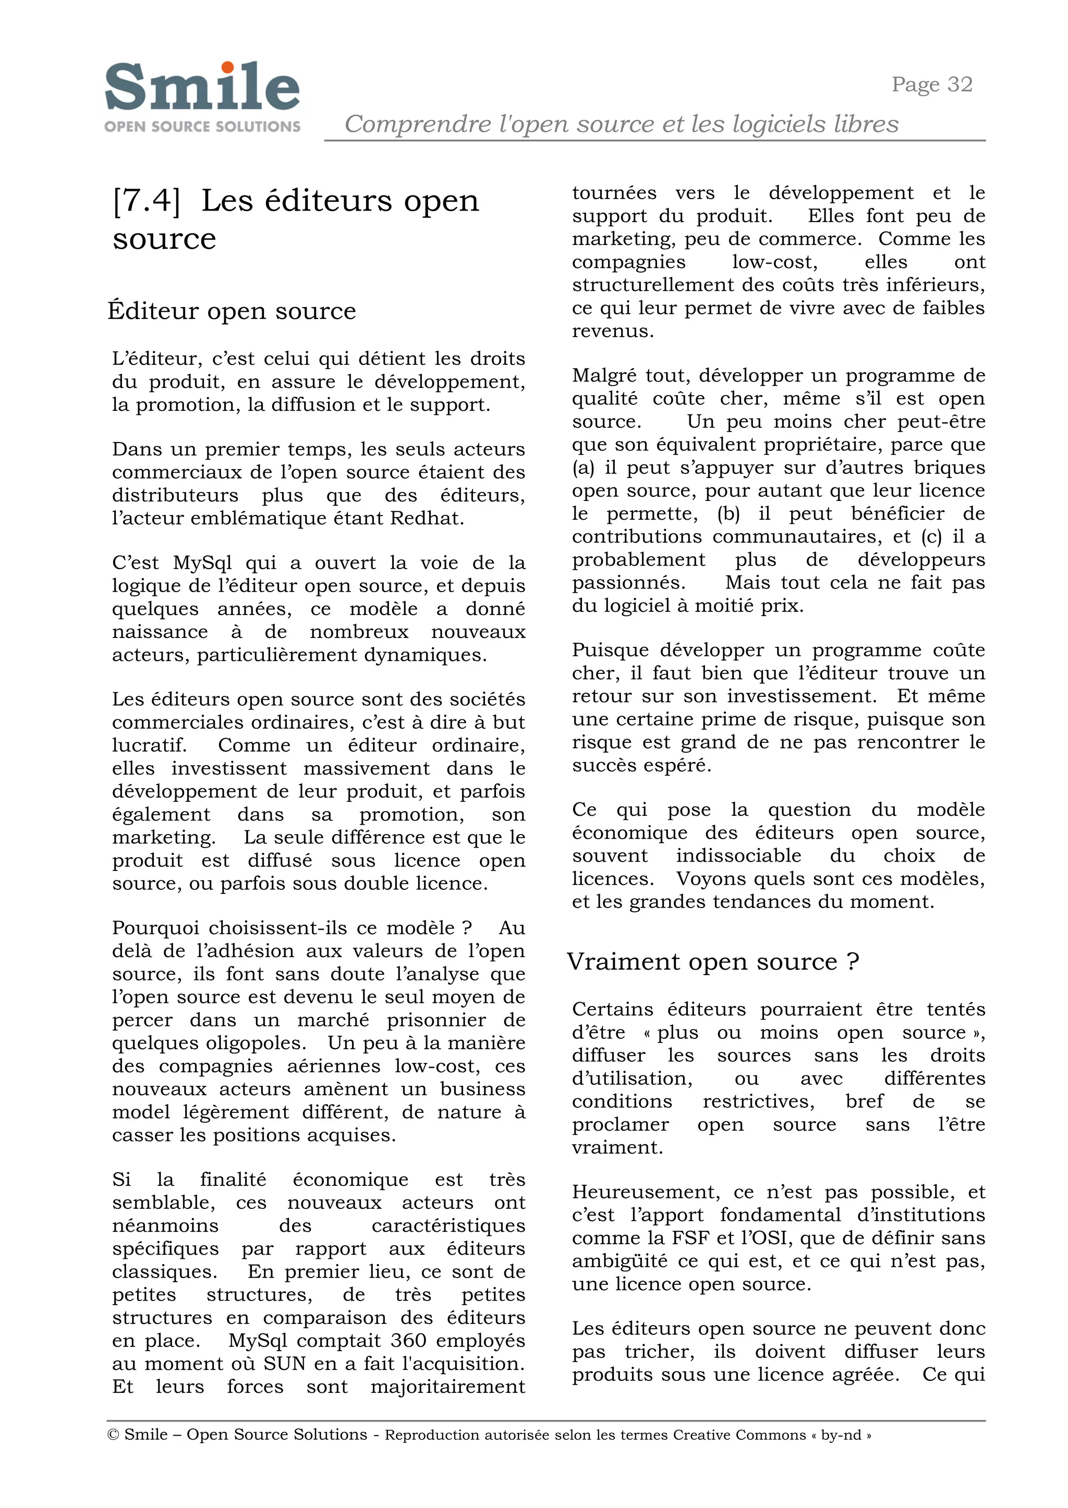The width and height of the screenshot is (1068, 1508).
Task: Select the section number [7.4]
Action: (x=146, y=201)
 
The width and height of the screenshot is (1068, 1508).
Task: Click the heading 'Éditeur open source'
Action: (x=232, y=311)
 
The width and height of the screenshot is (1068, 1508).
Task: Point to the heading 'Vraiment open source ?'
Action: (x=713, y=962)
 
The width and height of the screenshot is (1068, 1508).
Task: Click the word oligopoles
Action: (x=257, y=1043)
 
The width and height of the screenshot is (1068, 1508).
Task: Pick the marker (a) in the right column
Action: (x=582, y=468)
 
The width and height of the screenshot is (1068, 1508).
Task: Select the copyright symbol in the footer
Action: (x=113, y=1435)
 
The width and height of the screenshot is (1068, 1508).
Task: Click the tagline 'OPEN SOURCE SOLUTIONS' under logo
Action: (x=202, y=126)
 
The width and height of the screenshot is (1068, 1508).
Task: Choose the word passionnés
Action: (x=627, y=583)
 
